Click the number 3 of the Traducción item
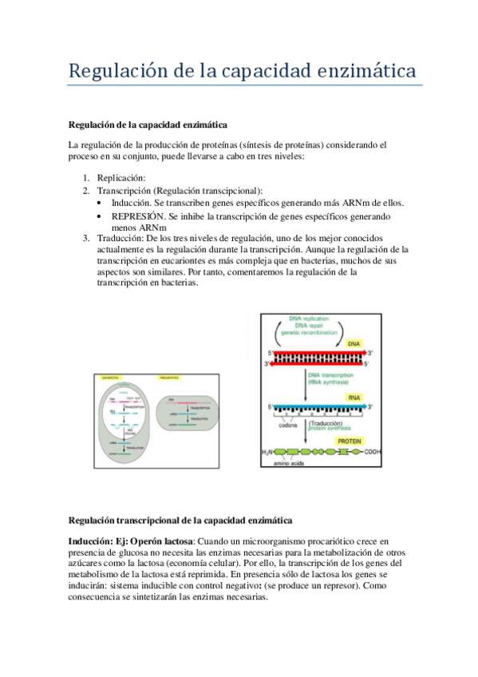click(86, 239)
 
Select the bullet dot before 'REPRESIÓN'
click(98, 216)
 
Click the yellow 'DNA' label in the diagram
click(354, 342)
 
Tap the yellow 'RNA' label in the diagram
click(354, 397)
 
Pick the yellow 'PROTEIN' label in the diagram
click(354, 441)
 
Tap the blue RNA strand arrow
click(319, 406)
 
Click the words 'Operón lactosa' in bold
click(158, 540)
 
